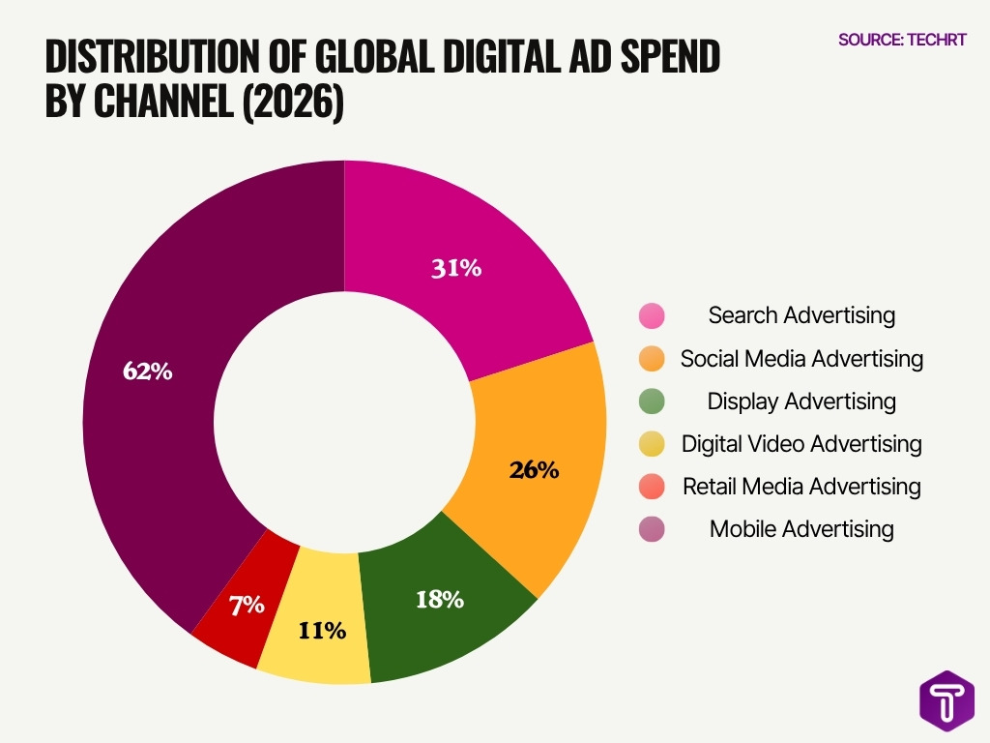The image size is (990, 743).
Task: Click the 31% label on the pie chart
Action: point(456,269)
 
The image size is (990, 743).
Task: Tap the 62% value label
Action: point(148,371)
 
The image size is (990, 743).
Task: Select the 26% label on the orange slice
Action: point(534,470)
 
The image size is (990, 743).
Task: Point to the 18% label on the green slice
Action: point(439,600)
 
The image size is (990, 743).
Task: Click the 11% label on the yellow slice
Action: point(321,631)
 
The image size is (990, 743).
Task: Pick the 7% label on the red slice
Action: point(247,606)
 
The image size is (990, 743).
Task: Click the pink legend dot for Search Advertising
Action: point(652,316)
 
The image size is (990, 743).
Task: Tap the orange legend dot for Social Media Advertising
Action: point(652,359)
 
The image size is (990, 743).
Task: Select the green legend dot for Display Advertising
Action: point(652,401)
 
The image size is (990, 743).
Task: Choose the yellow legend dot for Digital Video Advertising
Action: point(652,444)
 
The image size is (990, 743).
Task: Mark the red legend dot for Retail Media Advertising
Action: point(652,487)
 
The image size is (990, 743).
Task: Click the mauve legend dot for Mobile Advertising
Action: point(652,529)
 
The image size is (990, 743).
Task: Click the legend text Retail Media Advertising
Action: point(801,487)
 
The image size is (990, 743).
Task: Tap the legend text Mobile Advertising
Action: point(801,529)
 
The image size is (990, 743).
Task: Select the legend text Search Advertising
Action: point(801,315)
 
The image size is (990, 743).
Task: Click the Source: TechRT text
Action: point(901,40)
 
